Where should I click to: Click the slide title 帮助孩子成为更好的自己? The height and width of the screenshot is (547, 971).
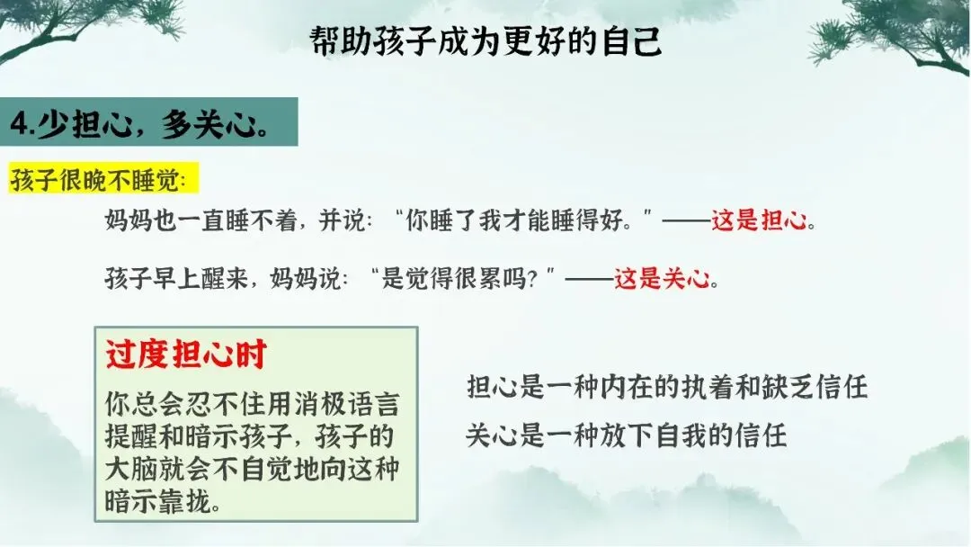[x=485, y=41]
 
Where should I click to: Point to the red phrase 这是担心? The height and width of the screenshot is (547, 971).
[x=759, y=220]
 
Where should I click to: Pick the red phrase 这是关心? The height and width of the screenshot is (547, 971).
[x=662, y=278]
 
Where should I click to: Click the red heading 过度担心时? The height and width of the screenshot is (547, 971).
[x=186, y=354]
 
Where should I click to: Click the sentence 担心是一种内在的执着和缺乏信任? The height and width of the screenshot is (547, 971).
[x=667, y=387]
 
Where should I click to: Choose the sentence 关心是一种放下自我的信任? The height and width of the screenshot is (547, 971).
[x=626, y=435]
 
